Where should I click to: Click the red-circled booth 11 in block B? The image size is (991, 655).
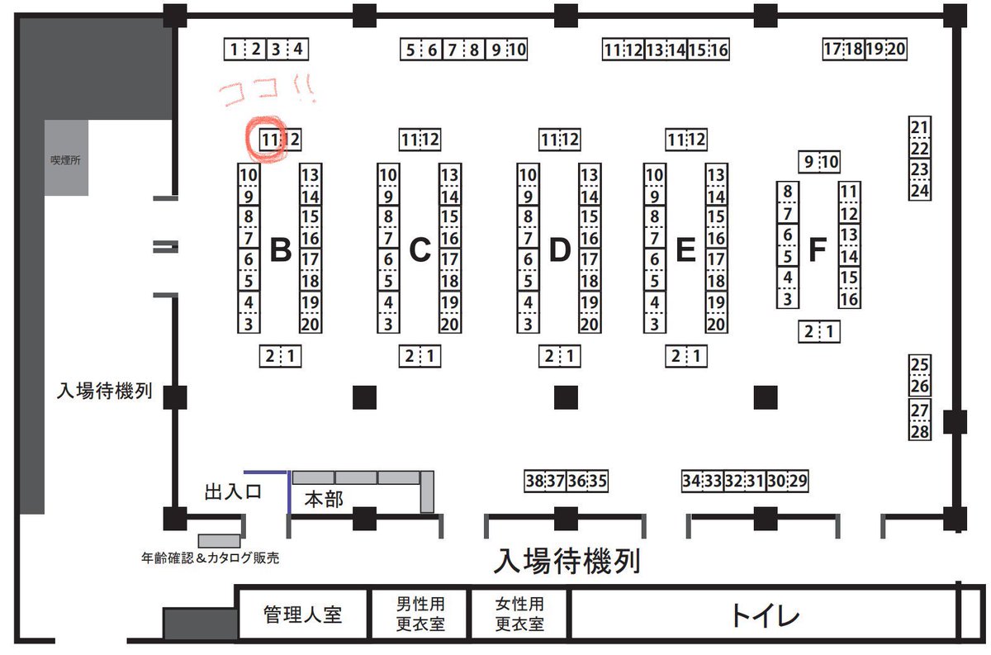pos(268,140)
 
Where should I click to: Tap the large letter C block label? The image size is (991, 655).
pos(420,249)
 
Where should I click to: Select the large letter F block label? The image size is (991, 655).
pos(818,249)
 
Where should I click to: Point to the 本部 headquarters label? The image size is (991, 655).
pos(323,500)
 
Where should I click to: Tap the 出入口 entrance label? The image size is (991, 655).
pos(232,492)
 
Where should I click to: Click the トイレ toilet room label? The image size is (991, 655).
pos(764,615)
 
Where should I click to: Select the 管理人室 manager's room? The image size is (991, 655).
pos(302,615)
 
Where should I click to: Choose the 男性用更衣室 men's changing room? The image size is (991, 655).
pos(420,615)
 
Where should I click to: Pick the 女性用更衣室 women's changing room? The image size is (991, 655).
pos(519,615)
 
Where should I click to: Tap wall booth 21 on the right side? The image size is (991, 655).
pos(920,127)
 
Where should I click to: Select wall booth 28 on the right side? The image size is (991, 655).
pos(920,431)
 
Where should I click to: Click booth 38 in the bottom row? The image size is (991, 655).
pos(534,481)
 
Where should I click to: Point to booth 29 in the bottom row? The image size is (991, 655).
pos(797,481)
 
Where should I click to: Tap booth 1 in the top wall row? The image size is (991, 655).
pos(235,50)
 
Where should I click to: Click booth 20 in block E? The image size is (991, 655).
pos(716,325)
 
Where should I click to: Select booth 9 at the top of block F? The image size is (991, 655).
pos(808,162)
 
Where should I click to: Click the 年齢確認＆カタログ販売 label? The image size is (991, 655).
pos(210,558)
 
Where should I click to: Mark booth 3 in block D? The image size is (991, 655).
pos(528,325)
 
